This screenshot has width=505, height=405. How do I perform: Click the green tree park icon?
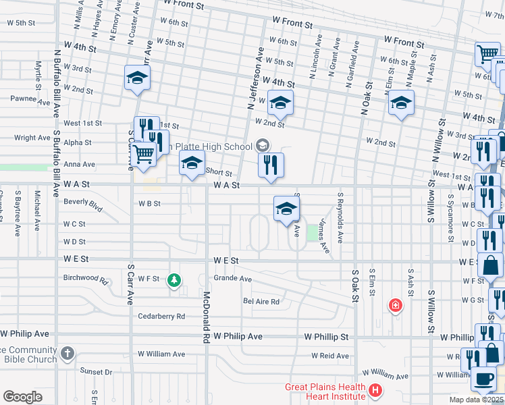point(175,279)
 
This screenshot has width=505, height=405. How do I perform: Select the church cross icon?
point(67,353)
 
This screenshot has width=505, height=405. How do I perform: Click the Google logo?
point(22,397)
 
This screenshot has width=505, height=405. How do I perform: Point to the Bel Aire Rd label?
point(261,301)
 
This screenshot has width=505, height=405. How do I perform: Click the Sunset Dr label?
point(95,371)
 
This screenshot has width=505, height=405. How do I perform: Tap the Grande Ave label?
point(232,278)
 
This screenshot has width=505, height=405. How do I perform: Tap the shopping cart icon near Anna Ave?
point(143,155)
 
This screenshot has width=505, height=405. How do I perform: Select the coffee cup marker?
point(484,380)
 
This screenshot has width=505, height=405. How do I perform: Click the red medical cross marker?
point(395,306)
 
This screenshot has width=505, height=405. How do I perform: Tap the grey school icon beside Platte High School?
point(263,145)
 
